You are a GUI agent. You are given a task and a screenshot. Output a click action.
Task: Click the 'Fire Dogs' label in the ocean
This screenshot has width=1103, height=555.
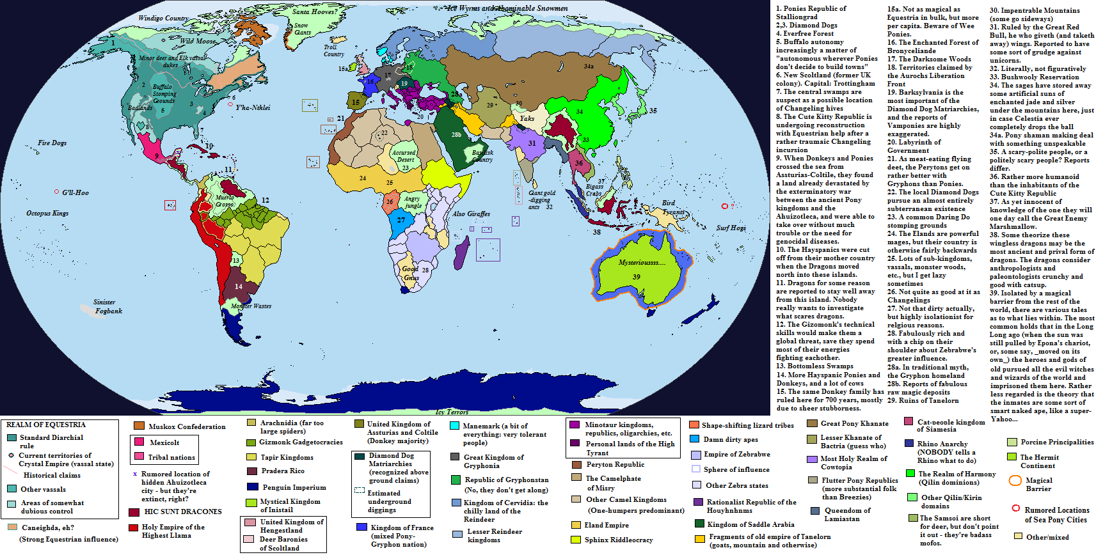(52, 143)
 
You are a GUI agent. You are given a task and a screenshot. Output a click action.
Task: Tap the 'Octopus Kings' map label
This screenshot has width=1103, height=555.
(47, 213)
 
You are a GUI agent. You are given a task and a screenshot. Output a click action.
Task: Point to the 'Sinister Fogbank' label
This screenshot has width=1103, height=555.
(107, 306)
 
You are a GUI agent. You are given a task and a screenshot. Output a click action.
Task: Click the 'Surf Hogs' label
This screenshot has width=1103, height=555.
(731, 228)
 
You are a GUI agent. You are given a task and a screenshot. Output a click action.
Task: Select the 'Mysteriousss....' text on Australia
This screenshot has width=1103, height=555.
(642, 262)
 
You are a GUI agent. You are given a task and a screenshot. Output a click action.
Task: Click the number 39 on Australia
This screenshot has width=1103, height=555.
(636, 277)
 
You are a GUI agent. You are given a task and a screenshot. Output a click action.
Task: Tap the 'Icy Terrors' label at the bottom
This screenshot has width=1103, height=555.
(452, 412)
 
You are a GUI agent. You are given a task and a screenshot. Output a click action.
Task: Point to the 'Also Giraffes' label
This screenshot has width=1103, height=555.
(471, 214)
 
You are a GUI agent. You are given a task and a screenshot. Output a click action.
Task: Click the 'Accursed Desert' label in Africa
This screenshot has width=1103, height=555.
(404, 156)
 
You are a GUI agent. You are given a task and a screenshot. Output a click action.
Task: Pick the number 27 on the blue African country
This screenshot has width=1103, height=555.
(401, 220)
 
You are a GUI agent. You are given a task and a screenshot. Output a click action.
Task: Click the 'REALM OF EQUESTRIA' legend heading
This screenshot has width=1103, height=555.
(45, 425)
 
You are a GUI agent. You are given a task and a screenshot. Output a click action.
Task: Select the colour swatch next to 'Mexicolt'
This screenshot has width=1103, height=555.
(139, 442)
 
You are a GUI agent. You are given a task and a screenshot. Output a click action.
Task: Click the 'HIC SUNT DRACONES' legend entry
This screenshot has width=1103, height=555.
(183, 512)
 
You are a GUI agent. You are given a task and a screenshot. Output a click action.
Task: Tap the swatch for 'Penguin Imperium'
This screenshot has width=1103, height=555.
(252, 487)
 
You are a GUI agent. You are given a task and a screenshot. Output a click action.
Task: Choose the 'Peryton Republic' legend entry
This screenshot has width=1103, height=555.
(615, 464)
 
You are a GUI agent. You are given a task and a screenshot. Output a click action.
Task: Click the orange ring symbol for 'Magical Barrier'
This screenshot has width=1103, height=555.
(1015, 481)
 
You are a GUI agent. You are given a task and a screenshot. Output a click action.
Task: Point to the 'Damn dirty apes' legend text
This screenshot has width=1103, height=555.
(731, 439)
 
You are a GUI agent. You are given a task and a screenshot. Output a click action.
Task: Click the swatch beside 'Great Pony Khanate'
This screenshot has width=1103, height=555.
(812, 423)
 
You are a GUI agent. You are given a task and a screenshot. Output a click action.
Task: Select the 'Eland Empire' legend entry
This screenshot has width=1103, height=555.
(606, 525)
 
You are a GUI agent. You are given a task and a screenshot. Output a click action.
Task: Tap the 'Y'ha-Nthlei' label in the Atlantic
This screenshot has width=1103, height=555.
(253, 107)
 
